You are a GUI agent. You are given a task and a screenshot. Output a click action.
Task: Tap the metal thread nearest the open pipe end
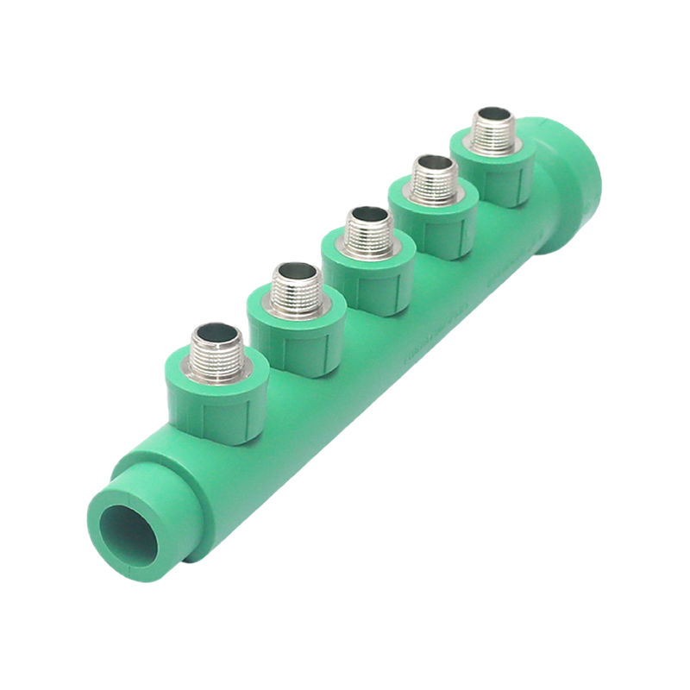click(212, 349)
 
